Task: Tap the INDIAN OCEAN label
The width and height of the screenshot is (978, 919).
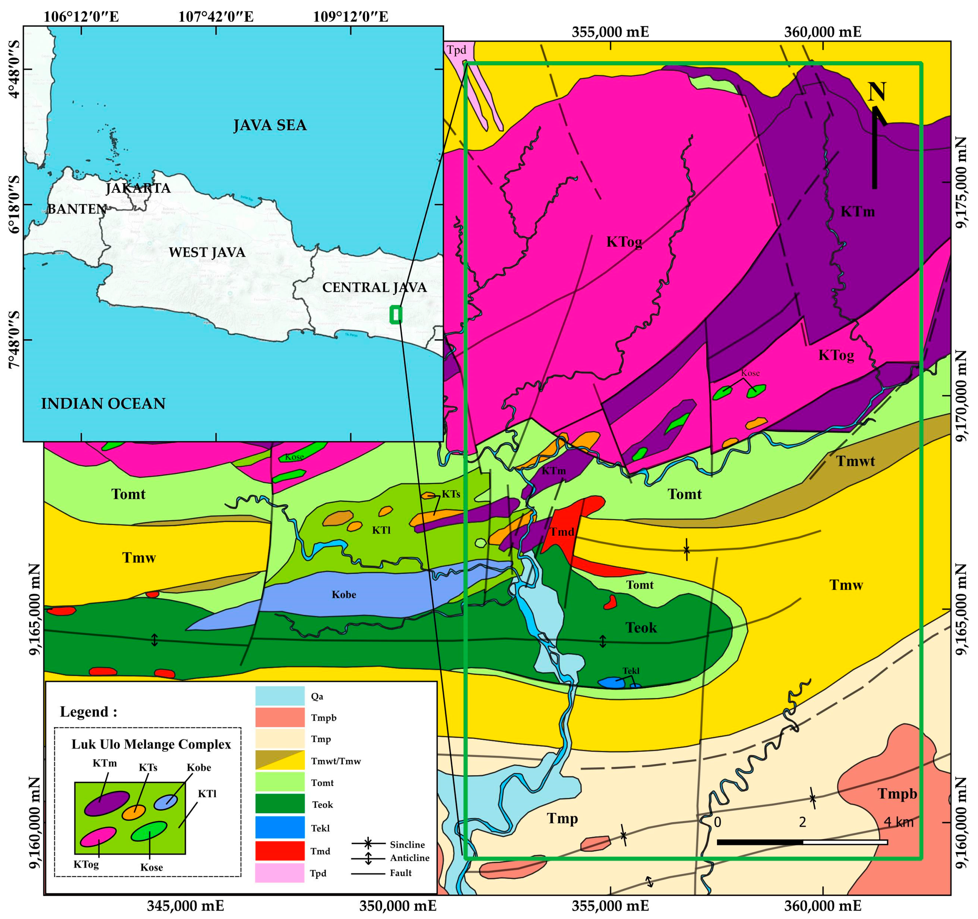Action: [x=103, y=403]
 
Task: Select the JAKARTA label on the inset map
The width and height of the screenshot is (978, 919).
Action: [x=138, y=188]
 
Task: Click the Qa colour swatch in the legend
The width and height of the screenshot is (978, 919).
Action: [x=280, y=696]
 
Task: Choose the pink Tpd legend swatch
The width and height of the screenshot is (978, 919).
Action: [x=280, y=873]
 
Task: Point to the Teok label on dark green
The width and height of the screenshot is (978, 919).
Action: [x=641, y=628]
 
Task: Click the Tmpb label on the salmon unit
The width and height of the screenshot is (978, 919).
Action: [x=897, y=793]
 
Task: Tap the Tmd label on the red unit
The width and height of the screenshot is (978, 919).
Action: [x=561, y=532]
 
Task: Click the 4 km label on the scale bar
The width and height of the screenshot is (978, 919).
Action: [x=898, y=822]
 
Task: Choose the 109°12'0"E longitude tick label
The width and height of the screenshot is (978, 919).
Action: [x=350, y=17]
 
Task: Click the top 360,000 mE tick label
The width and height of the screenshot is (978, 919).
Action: [x=822, y=32]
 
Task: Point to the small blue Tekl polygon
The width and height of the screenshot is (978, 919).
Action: [x=610, y=683]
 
